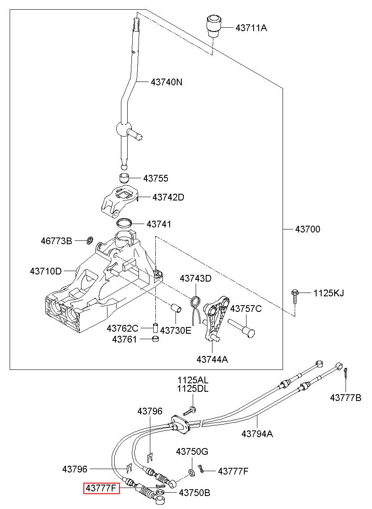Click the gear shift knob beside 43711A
pos(214,26)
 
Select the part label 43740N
pos(166,82)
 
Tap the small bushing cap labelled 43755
pos(124,178)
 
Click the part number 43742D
pos(168,197)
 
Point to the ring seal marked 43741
pos(124,223)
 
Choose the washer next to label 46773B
pos(90,240)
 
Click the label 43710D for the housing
pos(46,271)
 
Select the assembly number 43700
pos(307,229)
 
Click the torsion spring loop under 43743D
pos(195,303)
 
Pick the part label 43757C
pos(246,309)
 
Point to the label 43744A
pos(212,359)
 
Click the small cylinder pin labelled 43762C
pos(155,327)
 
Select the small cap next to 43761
pos(155,339)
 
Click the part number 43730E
pos(176,330)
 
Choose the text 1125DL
pos(193,389)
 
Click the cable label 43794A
pos(257,434)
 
